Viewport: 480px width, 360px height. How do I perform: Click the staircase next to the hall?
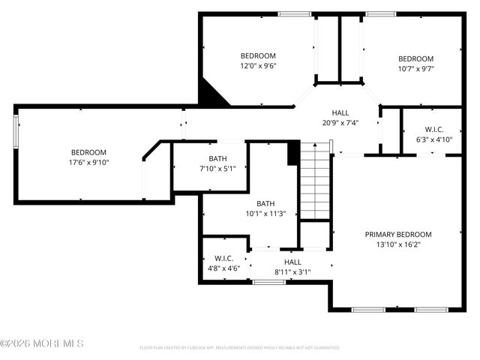(x=315, y=184)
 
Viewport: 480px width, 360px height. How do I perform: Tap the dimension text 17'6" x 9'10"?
(x=89, y=162)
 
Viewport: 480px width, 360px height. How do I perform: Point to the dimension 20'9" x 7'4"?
(x=340, y=123)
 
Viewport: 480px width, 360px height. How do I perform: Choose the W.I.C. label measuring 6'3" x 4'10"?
(x=433, y=128)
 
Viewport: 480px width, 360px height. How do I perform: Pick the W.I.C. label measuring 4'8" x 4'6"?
(x=223, y=258)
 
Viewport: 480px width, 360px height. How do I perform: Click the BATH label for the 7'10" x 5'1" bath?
(x=217, y=158)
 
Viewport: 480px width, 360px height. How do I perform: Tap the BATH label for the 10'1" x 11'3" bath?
(x=265, y=202)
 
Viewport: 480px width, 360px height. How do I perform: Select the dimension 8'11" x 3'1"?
(x=292, y=272)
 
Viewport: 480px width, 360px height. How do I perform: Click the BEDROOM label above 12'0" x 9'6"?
(x=258, y=55)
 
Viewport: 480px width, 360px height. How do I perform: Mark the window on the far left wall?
(x=15, y=132)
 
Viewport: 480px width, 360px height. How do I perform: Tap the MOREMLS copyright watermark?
(x=42, y=343)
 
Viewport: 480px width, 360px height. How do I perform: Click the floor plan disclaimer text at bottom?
(x=239, y=347)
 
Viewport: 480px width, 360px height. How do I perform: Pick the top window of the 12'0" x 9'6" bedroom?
(x=294, y=13)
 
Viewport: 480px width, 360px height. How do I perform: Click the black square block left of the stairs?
(x=293, y=153)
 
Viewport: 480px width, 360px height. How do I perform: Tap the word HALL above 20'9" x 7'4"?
(x=340, y=112)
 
